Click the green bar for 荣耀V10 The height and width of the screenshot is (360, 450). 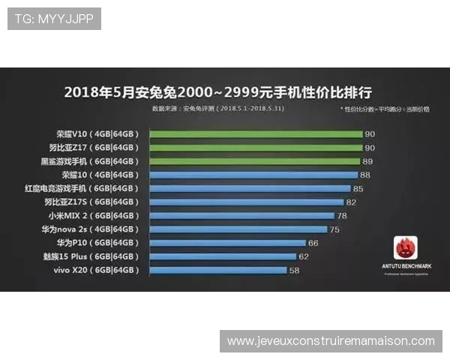point(256,134)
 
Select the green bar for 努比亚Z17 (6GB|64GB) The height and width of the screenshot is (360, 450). point(256,148)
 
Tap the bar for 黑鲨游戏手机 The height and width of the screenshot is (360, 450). point(255,161)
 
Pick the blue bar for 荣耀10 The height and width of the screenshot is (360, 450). point(253,175)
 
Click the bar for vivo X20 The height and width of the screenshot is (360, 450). point(218,270)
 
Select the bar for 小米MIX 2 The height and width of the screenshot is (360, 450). point(242,216)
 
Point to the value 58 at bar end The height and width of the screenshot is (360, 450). point(294,270)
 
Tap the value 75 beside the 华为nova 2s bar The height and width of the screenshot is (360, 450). point(334,229)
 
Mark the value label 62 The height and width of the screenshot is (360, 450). point(304,256)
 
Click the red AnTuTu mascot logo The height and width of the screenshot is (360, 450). point(406,248)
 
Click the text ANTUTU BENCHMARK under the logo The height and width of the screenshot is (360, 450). point(406,266)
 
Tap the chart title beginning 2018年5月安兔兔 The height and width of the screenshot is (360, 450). point(217,92)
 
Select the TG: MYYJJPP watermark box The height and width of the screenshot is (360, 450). point(54,19)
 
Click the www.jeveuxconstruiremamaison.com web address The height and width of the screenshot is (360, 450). point(331,341)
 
